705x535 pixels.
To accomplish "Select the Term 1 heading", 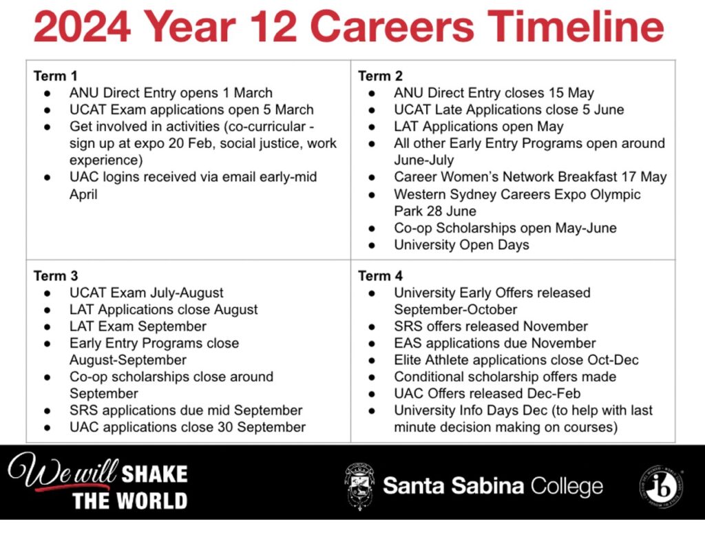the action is (55, 76).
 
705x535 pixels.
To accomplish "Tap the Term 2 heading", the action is (380, 76).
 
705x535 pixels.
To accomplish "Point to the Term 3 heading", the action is (56, 275).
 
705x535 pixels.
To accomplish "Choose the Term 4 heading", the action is (380, 275).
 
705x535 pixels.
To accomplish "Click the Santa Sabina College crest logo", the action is (359, 487).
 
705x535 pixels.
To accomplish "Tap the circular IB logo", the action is (662, 487).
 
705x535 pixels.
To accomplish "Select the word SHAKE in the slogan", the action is (154, 474).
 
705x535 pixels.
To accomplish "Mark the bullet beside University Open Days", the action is (371, 246).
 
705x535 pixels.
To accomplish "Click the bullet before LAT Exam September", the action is (48, 327).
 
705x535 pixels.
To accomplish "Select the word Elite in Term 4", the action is (408, 360).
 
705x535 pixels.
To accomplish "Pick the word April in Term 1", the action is (83, 195).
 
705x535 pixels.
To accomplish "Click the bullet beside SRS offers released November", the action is (371, 327).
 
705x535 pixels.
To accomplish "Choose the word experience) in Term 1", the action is (106, 160).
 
